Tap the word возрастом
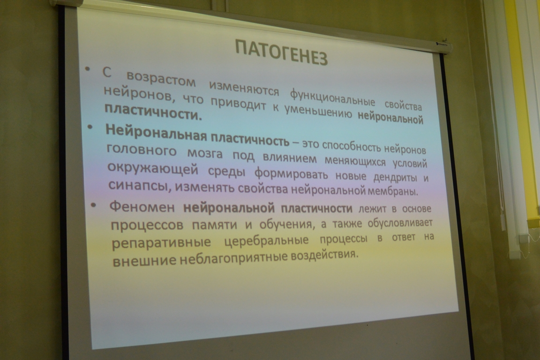[161, 79]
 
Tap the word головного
[142, 150]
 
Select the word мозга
[205, 154]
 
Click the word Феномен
[142, 207]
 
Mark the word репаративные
[161, 242]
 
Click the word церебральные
[267, 240]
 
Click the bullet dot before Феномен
[93, 205]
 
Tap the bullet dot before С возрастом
[88, 69]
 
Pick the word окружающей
[153, 170]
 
